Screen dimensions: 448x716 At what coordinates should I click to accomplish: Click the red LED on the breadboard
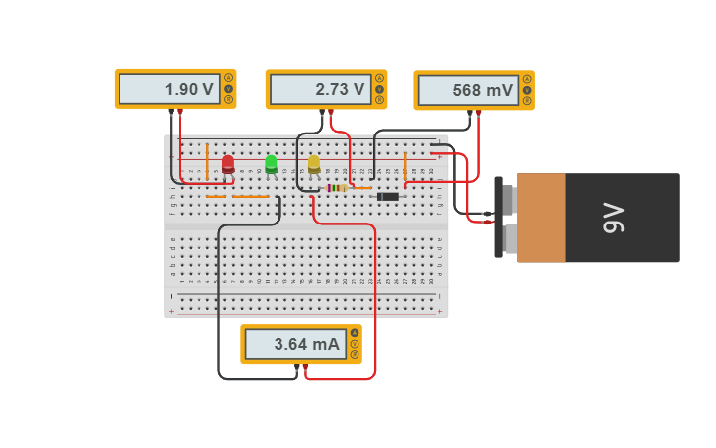coord(228,163)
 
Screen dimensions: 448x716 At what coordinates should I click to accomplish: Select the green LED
coord(271,163)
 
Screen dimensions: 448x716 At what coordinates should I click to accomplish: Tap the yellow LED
coord(314,163)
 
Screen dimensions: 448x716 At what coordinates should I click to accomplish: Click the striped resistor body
coord(336,187)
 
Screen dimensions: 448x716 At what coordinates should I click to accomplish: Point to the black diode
coord(388,196)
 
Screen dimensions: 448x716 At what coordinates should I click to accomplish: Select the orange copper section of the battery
coord(540,218)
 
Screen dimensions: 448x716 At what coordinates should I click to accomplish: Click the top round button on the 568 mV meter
coord(527,79)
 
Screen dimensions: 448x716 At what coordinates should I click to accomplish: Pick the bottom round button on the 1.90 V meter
coord(229,99)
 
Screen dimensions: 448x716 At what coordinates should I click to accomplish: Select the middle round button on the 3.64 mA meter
coord(355,344)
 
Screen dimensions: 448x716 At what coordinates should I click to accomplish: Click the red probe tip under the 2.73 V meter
coord(331,113)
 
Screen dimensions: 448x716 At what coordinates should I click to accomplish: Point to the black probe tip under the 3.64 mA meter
coord(297,367)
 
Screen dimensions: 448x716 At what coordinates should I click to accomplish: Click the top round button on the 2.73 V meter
coord(379,78)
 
